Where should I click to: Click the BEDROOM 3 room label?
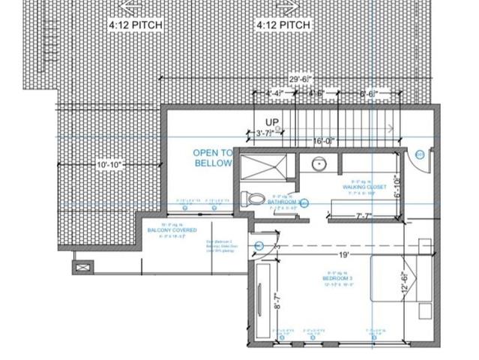[338, 277]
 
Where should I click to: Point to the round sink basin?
[319, 163]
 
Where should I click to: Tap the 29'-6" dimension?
[301, 78]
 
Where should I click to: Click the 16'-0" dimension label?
[323, 141]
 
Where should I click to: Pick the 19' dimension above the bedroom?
[344, 255]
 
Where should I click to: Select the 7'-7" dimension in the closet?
[364, 217]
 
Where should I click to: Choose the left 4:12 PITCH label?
[136, 25]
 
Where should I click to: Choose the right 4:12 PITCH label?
[284, 25]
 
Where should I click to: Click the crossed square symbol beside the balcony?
[82, 266]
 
